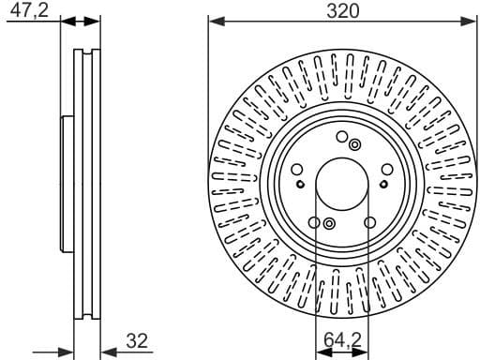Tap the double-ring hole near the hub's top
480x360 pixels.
tap(354, 144)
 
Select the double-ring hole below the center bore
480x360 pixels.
tap(329, 222)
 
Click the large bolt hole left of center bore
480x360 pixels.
tap(297, 170)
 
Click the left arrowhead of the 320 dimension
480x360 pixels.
tap(215, 19)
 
